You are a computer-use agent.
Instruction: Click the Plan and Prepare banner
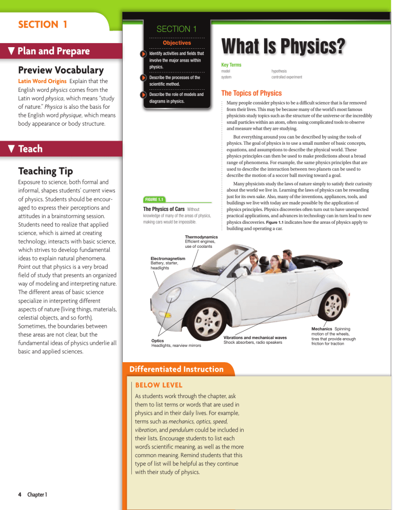click(51, 51)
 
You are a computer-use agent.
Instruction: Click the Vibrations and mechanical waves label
click(254, 337)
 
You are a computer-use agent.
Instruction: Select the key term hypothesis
click(280, 71)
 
